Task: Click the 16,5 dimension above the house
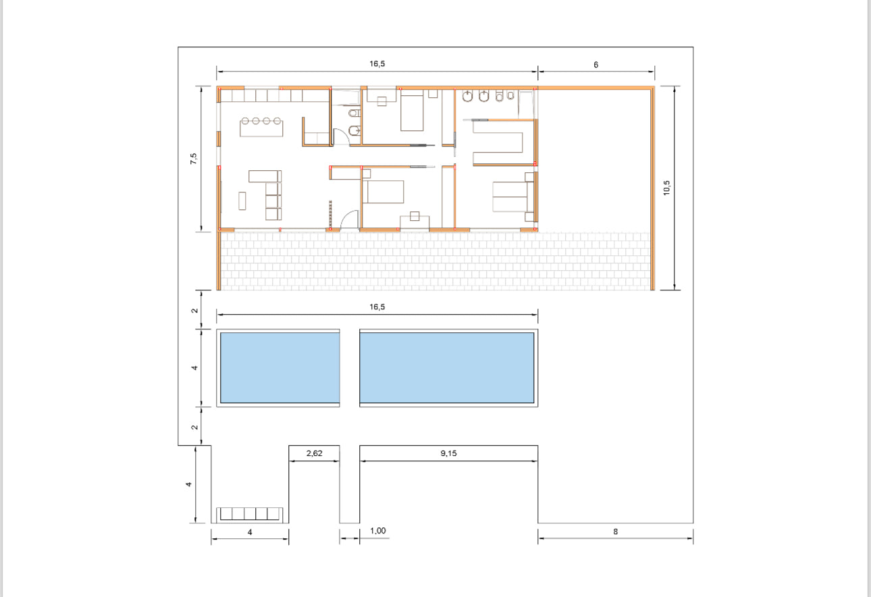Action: click(x=377, y=63)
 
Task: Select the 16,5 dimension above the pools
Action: click(x=377, y=307)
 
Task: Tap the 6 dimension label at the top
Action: click(x=596, y=65)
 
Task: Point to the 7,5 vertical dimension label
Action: click(x=193, y=159)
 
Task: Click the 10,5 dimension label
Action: click(x=666, y=188)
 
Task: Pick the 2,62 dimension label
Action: click(x=314, y=453)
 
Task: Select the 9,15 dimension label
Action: click(x=448, y=453)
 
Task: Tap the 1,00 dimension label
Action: click(x=377, y=531)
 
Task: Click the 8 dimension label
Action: click(x=615, y=531)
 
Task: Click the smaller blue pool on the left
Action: click(x=280, y=367)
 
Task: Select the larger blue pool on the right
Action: click(x=447, y=367)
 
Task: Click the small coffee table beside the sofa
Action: click(x=242, y=201)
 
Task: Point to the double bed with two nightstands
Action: click(x=513, y=197)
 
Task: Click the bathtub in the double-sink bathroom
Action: click(x=526, y=105)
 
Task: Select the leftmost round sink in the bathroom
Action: click(x=467, y=96)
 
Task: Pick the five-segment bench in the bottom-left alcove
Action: click(x=250, y=514)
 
